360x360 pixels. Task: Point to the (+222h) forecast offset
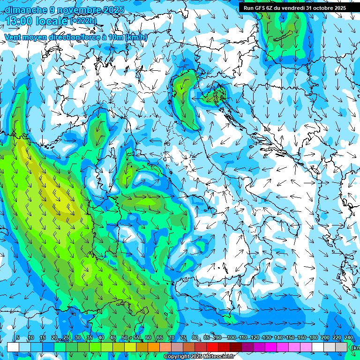pyautogui.click(x=84, y=21)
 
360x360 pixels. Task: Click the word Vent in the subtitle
pyautogui.click(x=14, y=37)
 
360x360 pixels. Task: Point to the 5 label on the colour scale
pyautogui.click(x=18, y=338)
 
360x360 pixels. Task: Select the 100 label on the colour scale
pyautogui.click(x=231, y=338)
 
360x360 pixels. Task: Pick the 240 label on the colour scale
pyautogui.click(x=348, y=338)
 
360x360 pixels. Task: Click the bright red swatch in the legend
pyautogui.click(x=212, y=347)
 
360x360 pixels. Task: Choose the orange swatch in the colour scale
pyautogui.click(x=154, y=347)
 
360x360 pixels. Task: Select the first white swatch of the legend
pyautogui.click(x=13, y=347)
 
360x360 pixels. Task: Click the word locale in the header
pyautogui.click(x=52, y=21)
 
